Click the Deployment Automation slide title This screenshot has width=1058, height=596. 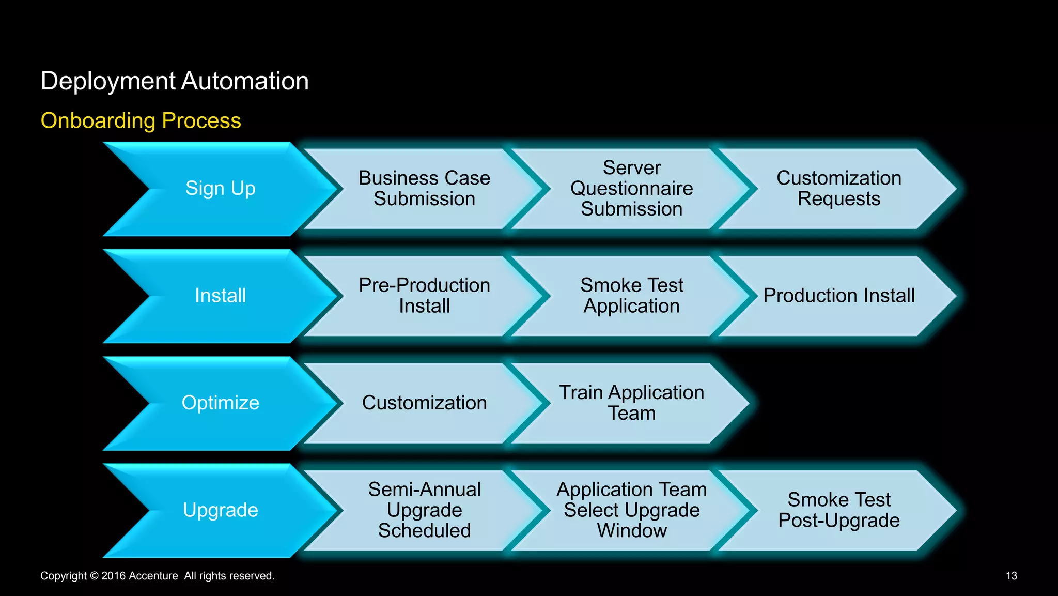tap(175, 81)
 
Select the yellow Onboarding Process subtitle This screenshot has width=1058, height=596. tap(141, 120)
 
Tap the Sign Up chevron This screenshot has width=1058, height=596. tap(221, 189)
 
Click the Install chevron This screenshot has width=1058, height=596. tap(221, 296)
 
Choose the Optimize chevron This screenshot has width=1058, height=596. tap(221, 403)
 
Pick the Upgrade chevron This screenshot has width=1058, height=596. tap(221, 510)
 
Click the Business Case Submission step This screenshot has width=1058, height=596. tap(424, 189)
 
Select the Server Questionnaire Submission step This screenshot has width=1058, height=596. tap(631, 189)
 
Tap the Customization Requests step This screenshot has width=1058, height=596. tap(838, 189)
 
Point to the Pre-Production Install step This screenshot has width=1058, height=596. tap(424, 296)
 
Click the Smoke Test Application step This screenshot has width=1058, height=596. tap(631, 296)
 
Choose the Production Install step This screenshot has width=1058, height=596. tap(838, 296)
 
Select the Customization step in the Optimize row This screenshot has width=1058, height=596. tap(424, 403)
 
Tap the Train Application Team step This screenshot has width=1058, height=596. tap(631, 403)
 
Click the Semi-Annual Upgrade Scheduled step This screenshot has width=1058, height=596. tap(424, 510)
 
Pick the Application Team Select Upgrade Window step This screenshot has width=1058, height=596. tap(631, 510)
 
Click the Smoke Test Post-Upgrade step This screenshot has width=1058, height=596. tap(838, 510)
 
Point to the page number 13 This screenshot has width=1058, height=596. tap(1011, 576)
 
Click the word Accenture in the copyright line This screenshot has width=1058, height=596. tap(153, 576)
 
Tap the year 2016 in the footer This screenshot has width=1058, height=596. tap(113, 576)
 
